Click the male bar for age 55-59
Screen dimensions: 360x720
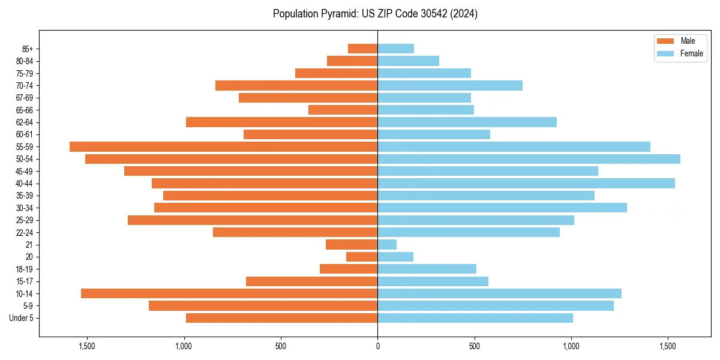[x=223, y=146]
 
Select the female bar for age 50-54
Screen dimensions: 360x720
[x=529, y=159]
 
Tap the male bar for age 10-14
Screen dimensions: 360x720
[x=229, y=293]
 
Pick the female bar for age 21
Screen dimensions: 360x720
[x=387, y=244]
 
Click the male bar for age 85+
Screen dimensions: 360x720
[x=363, y=49]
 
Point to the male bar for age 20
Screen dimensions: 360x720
[x=362, y=257]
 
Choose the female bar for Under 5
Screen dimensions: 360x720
[x=475, y=318]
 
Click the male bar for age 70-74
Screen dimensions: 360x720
[x=296, y=85]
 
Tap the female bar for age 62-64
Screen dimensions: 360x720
[x=467, y=122]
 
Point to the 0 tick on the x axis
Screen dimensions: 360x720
[x=377, y=347]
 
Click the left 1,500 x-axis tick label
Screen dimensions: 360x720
[x=87, y=347]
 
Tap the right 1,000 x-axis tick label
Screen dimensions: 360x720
[x=571, y=347]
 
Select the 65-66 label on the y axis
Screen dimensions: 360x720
[x=25, y=110]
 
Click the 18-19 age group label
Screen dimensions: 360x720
[x=25, y=269]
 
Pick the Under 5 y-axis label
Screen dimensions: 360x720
[x=22, y=318]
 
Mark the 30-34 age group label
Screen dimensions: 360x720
[x=25, y=208]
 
